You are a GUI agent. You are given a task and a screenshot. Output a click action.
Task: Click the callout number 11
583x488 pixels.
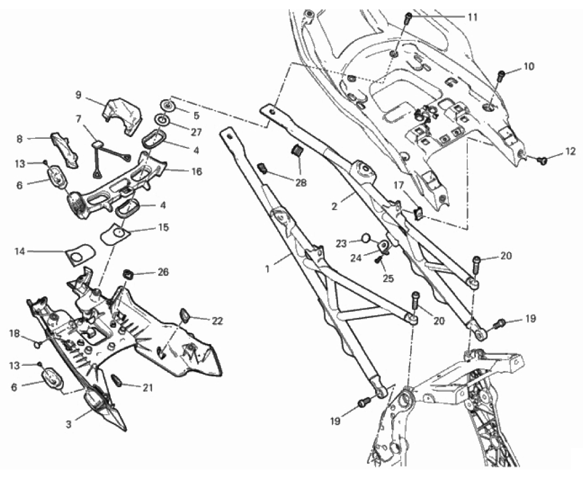(x=472, y=17)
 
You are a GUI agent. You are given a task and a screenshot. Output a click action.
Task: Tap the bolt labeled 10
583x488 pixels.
(x=501, y=75)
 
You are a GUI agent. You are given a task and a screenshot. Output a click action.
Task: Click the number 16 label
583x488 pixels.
(x=196, y=172)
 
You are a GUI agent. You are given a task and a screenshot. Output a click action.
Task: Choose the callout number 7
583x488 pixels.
(x=79, y=119)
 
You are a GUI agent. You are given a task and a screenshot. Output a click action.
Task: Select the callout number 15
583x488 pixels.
(x=163, y=228)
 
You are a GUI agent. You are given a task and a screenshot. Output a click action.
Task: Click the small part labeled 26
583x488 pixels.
(x=128, y=273)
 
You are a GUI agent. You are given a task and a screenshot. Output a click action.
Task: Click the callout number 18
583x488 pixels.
(x=14, y=333)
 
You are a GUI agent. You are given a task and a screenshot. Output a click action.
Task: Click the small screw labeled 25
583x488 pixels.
(x=379, y=260)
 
